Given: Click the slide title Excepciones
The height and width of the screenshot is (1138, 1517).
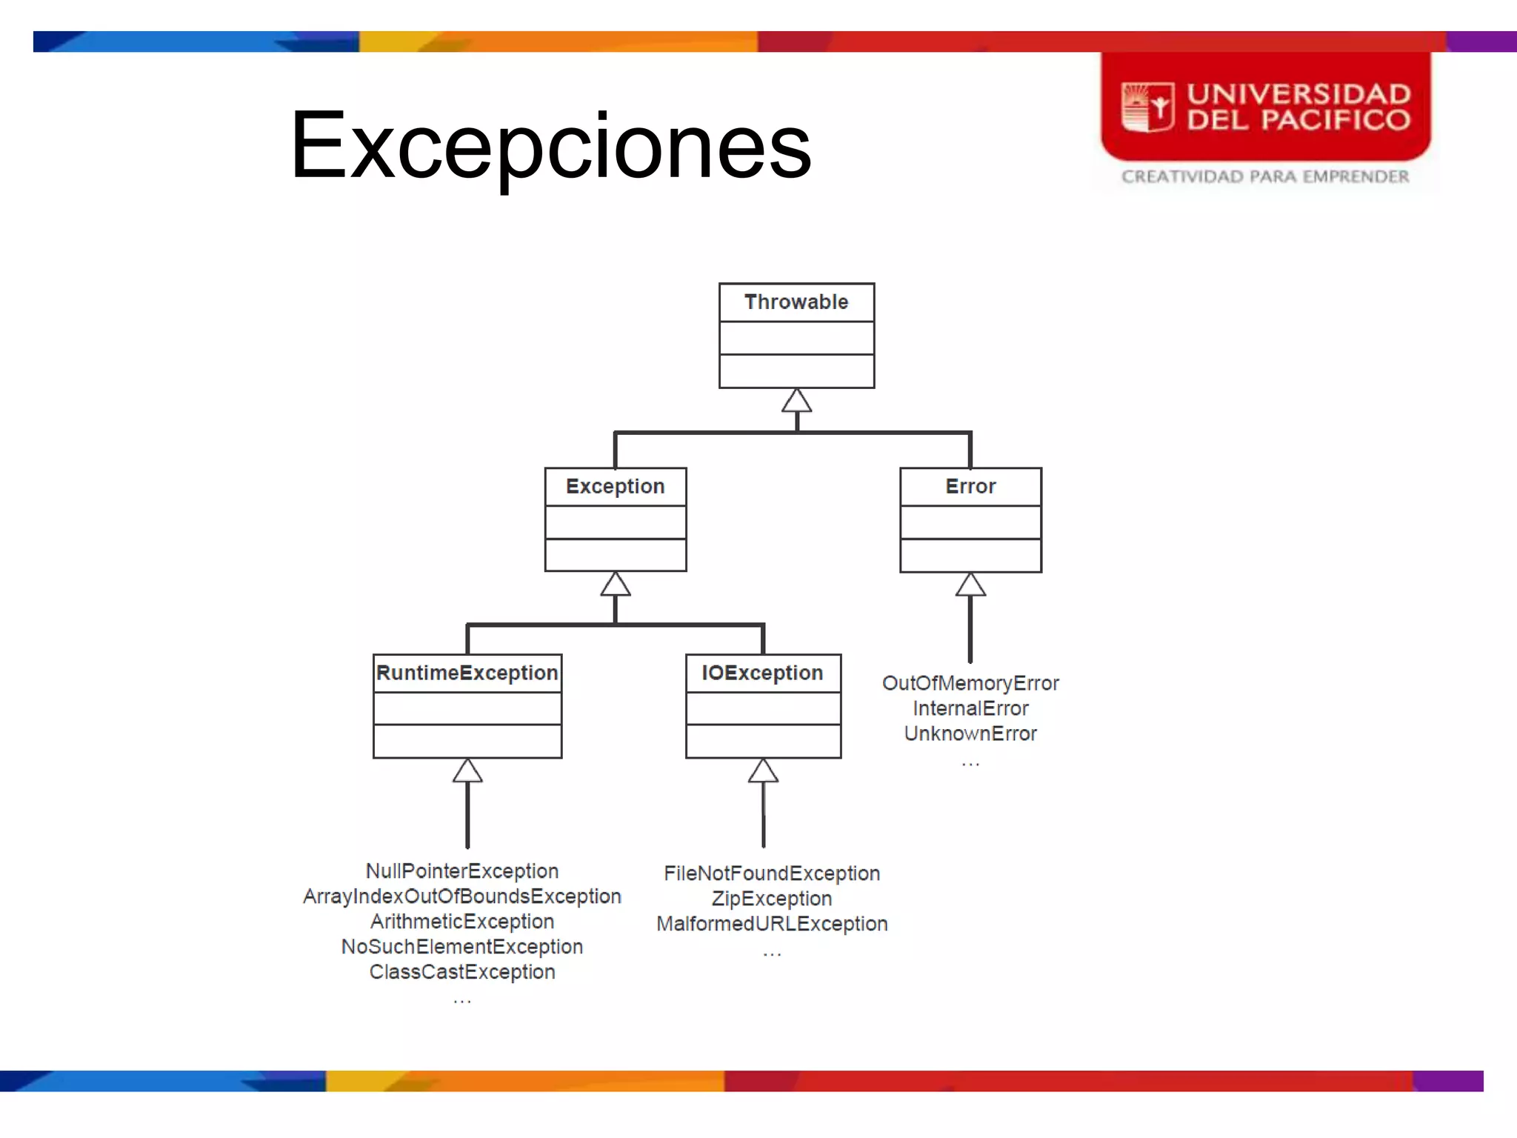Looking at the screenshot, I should point(551,145).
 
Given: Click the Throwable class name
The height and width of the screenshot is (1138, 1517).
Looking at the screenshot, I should point(796,302).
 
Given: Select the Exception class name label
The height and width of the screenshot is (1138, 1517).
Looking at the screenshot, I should point(615,487).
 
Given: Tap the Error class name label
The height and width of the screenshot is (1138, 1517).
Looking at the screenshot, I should point(970,487).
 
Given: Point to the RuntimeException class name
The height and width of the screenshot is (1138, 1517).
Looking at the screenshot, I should point(467,673).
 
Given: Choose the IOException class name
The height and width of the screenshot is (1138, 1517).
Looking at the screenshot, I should point(762,673).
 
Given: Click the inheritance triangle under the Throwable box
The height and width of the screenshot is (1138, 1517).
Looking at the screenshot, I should point(797,402).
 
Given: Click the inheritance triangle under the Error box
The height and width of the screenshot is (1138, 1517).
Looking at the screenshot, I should point(970,585).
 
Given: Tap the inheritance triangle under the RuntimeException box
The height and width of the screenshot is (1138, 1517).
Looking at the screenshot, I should point(467,771).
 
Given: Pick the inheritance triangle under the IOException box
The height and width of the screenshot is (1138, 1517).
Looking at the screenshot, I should point(763,771).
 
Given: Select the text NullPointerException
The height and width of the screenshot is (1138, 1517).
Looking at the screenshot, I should point(462,871).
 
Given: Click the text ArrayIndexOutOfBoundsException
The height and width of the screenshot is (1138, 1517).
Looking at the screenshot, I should point(462,896).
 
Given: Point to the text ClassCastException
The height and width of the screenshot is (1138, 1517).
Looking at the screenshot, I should point(462,972).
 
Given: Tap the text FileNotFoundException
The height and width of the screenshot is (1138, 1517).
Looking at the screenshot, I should point(772,874).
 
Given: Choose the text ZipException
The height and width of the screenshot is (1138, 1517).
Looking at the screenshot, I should point(772,899).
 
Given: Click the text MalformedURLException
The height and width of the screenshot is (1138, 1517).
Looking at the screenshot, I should point(772,924).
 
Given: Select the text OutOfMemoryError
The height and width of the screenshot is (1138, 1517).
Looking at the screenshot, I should point(970,683).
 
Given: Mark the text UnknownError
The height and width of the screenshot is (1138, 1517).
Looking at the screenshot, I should point(970,733).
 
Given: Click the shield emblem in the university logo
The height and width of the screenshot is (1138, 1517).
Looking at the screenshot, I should point(1147,107).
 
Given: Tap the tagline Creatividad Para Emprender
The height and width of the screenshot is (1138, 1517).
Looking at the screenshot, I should point(1265,177).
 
